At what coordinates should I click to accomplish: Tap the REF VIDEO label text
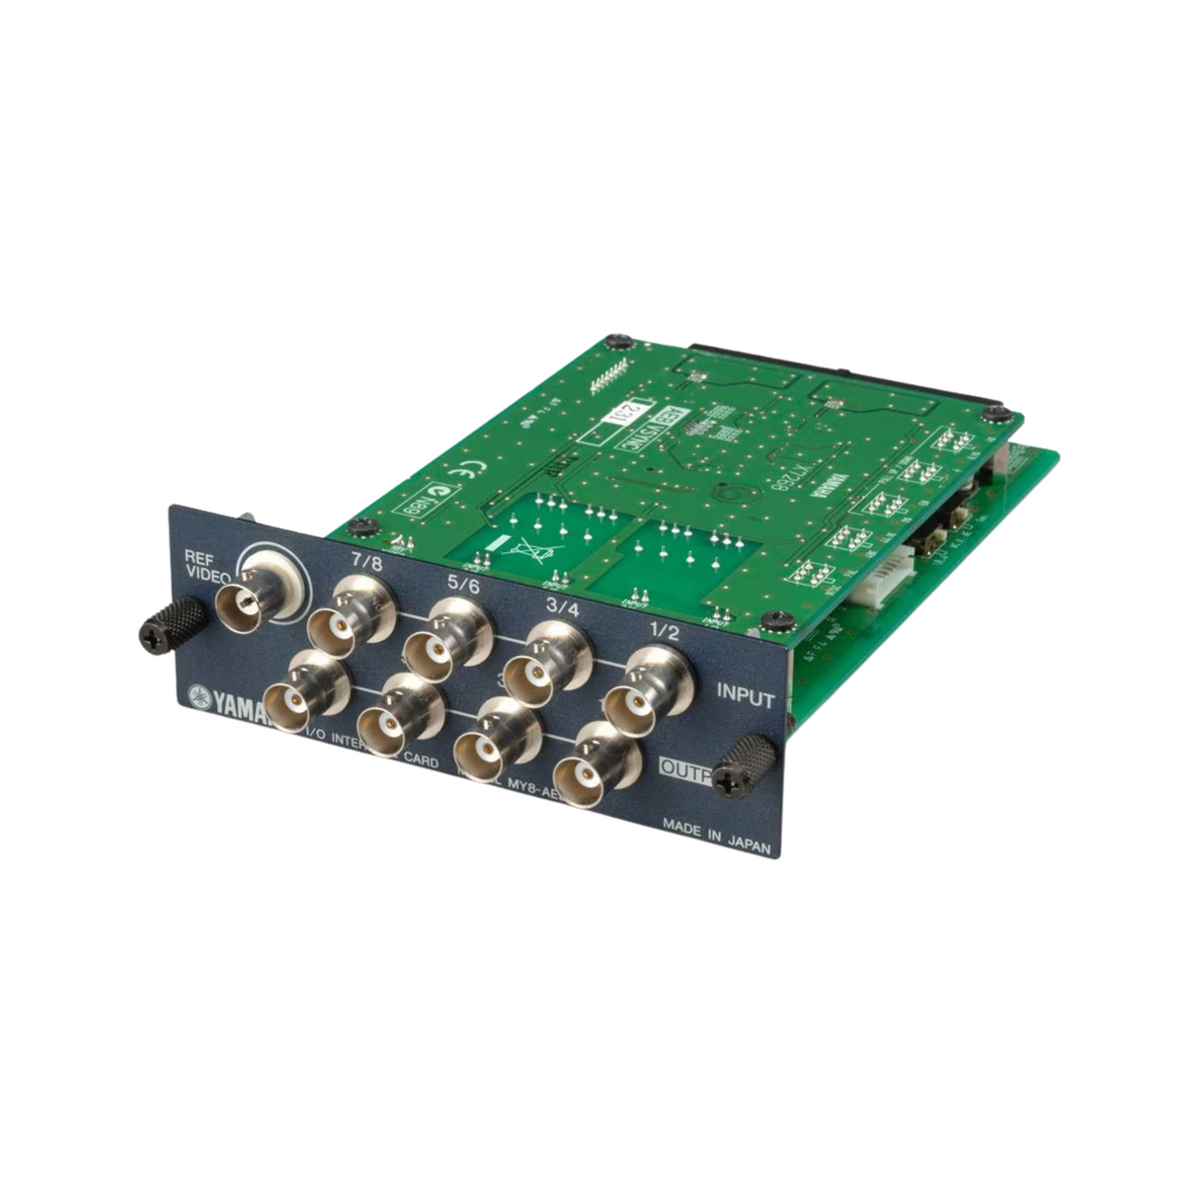(x=207, y=566)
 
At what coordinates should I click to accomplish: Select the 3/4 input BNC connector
(x=538, y=671)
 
